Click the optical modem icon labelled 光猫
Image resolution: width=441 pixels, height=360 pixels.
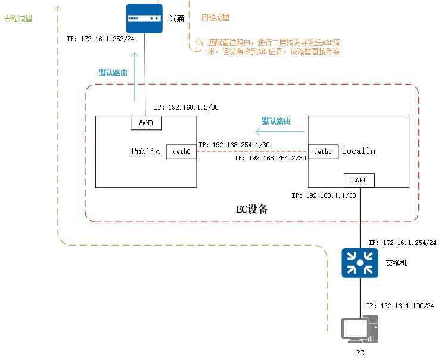click(145, 18)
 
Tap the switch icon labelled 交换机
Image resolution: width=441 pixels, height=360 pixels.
click(359, 263)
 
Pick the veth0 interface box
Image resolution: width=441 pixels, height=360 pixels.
click(181, 151)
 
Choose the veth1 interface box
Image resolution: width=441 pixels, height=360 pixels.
click(322, 151)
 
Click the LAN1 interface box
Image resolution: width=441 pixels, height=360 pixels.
click(359, 180)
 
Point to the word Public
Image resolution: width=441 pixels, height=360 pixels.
click(145, 151)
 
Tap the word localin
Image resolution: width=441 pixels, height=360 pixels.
click(358, 151)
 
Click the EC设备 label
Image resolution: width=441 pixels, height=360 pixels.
click(252, 209)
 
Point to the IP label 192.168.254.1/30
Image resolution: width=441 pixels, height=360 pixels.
click(234, 145)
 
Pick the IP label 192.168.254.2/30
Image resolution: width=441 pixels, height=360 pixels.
click(270, 159)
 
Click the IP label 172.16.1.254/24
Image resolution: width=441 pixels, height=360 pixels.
click(402, 243)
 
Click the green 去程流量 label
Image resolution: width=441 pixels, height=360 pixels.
click(18, 19)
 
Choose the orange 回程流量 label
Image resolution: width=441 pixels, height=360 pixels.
click(215, 18)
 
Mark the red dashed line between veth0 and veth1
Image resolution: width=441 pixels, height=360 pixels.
click(252, 151)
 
